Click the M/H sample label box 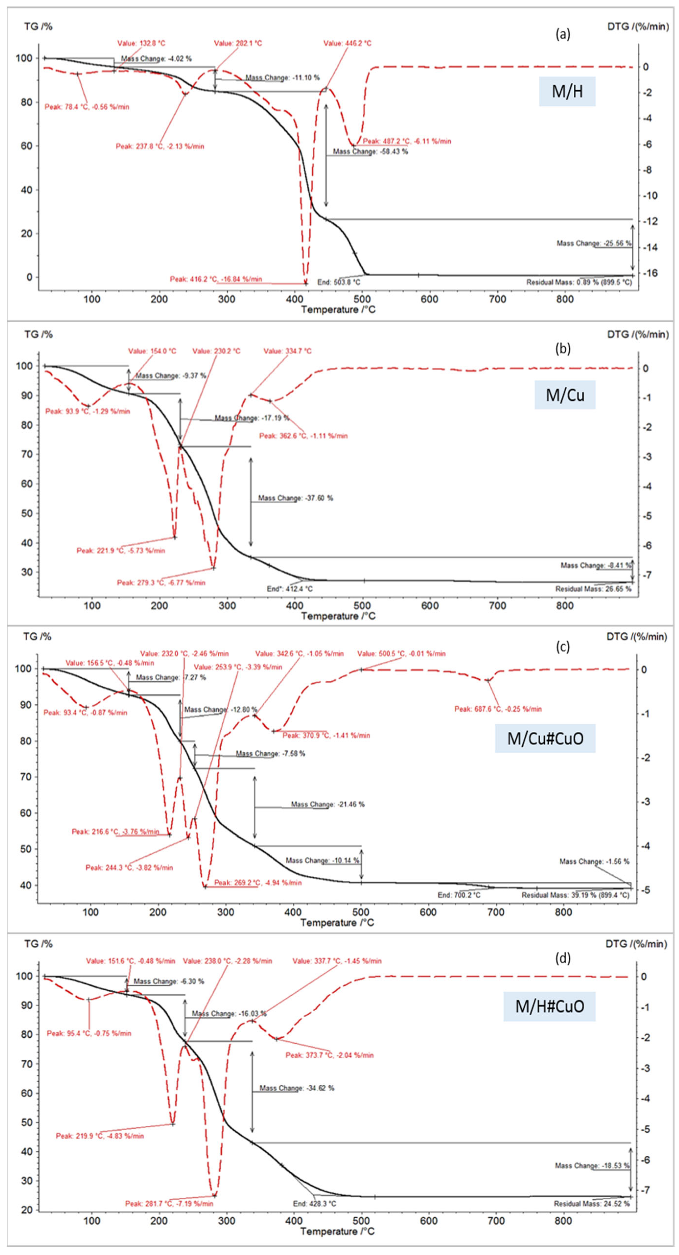pos(567,91)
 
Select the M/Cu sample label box pos(565,395)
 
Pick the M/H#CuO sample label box pos(549,1006)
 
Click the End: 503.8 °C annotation pos(339,282)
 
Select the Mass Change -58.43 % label pos(370,152)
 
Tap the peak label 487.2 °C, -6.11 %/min pos(407,141)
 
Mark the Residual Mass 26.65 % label pos(593,589)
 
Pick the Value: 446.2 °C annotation pos(347,43)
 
